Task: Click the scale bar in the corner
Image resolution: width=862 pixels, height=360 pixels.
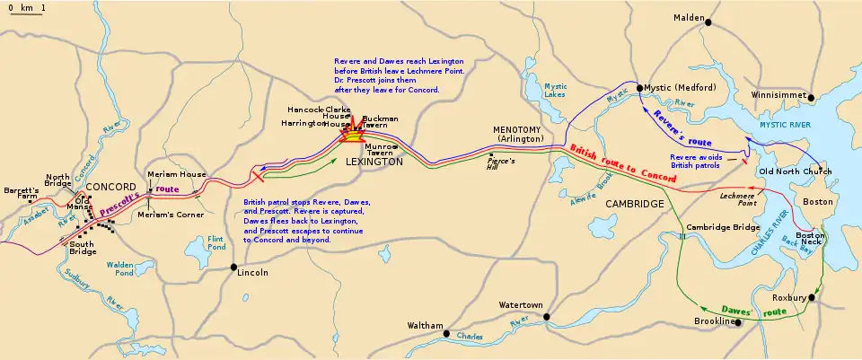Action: [25, 12]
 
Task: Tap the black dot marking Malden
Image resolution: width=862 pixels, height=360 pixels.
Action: [708, 22]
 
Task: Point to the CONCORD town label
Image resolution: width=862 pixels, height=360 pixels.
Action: [111, 186]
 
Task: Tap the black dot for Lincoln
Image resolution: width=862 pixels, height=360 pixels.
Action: [234, 267]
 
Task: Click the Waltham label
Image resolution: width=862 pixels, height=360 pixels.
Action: [425, 325]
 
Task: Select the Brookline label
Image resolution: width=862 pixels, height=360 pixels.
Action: [715, 321]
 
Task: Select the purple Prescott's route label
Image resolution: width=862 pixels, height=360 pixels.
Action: [135, 198]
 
